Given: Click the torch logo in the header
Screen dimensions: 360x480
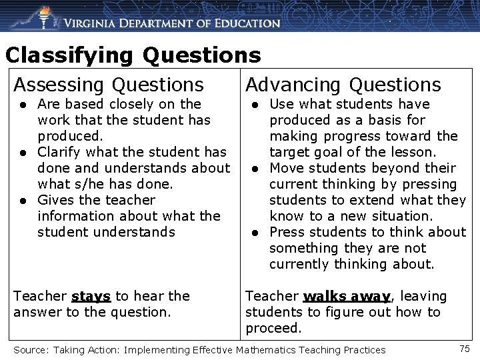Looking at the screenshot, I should tap(44, 17).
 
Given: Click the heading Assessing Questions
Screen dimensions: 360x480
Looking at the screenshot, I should tap(109, 85).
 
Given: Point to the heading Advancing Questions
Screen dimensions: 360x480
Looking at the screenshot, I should tap(343, 85).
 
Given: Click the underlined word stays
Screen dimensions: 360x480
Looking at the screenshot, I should tap(91, 296).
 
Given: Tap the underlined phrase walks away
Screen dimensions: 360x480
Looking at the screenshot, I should tap(346, 296).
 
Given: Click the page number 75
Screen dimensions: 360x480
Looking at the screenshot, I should tap(465, 348).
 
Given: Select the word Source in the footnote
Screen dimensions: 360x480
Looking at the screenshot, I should tap(29, 349).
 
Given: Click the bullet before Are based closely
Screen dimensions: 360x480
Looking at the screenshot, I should tap(23, 105).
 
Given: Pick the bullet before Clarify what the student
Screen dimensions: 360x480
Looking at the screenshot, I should tap(23, 153).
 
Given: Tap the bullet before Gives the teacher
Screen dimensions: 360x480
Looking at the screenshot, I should tap(23, 201).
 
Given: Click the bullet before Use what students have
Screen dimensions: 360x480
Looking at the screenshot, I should tap(255, 105).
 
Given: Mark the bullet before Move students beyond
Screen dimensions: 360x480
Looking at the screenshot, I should tap(255, 169).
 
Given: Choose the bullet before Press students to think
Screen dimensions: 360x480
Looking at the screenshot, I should tap(255, 233).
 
